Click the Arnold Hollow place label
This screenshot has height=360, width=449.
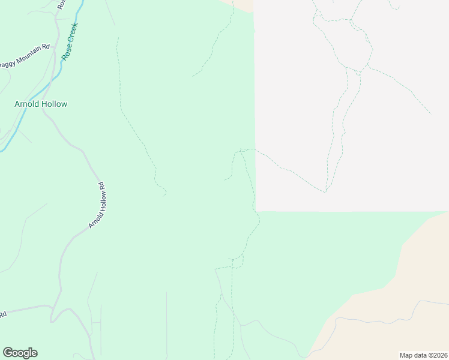pyautogui.click(x=41, y=104)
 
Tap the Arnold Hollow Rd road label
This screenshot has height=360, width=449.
pyautogui.click(x=97, y=205)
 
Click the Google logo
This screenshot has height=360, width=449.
pyautogui.click(x=20, y=353)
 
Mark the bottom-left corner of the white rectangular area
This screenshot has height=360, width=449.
pyautogui.click(x=256, y=211)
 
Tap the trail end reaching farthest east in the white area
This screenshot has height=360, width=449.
pyautogui.click(x=430, y=113)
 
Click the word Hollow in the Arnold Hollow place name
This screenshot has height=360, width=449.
pyautogui.click(x=54, y=104)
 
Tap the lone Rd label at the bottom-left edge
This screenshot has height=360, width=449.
pyautogui.click(x=3, y=314)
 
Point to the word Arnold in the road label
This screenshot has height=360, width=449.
pyautogui.click(x=93, y=219)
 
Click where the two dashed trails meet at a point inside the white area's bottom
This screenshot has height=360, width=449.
pyautogui.click(x=325, y=191)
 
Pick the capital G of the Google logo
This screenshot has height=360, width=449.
pyautogui.click(x=8, y=353)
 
